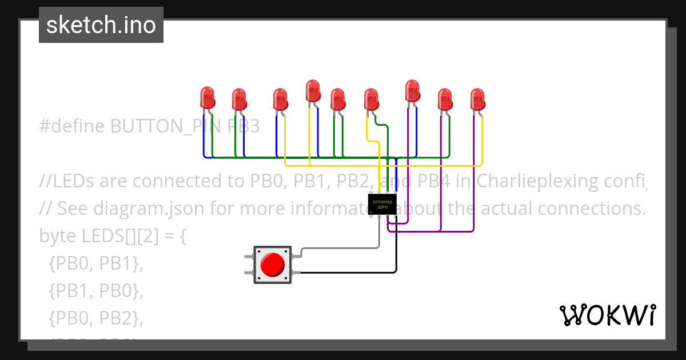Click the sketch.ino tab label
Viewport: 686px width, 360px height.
(x=101, y=26)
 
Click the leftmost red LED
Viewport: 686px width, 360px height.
(x=207, y=98)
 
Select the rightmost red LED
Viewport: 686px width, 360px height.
(x=477, y=99)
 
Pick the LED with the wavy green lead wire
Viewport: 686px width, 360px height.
(x=372, y=99)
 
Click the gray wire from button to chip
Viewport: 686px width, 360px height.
(x=343, y=248)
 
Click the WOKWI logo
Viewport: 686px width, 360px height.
(x=607, y=315)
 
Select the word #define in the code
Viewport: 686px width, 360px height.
(x=73, y=126)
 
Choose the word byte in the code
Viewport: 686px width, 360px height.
(x=57, y=235)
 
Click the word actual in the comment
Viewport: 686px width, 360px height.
(x=509, y=209)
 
